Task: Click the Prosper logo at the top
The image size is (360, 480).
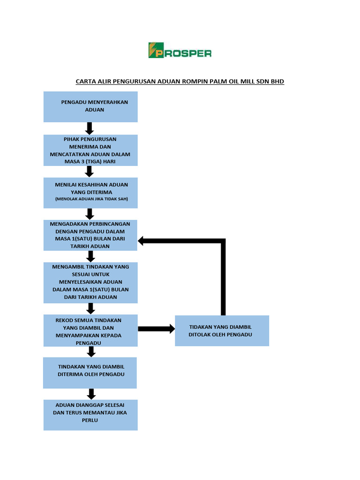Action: (180, 50)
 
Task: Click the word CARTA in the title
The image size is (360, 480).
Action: (86, 82)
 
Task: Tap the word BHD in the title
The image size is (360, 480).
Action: (277, 82)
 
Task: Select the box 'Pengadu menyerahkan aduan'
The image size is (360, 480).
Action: (90, 106)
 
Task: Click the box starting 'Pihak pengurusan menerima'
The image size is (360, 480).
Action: (90, 150)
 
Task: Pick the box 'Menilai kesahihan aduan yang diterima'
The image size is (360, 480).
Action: (90, 192)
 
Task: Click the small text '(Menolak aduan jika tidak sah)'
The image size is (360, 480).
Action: (91, 199)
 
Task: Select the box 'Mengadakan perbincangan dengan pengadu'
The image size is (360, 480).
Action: (90, 235)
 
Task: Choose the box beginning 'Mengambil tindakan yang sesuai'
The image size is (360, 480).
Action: (90, 282)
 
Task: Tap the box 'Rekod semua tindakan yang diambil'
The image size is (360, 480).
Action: (90, 331)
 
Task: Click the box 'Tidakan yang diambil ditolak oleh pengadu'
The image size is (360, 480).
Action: (222, 331)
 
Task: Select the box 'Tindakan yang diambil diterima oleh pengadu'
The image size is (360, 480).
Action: (90, 373)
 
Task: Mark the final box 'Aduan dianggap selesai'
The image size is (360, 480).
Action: (90, 415)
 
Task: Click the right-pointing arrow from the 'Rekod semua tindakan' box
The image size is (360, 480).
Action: (157, 329)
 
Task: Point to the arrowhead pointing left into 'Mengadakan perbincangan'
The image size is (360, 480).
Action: (142, 241)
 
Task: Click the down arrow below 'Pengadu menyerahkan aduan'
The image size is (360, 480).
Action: (90, 128)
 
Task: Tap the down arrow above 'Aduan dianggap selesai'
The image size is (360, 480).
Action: (91, 394)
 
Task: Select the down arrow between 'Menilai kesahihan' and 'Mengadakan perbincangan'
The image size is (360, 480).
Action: (90, 214)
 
